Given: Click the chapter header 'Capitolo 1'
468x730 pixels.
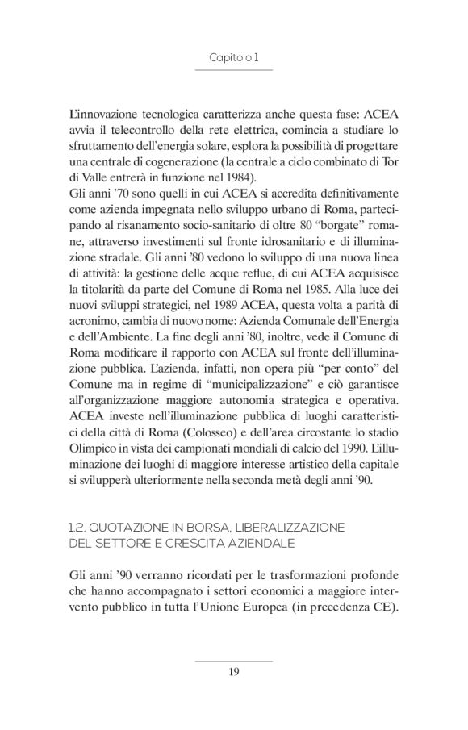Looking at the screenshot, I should click(x=233, y=58).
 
